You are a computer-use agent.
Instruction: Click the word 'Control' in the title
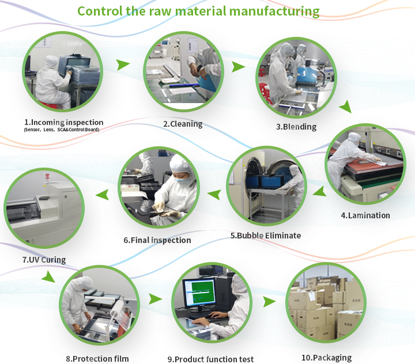point(100,11)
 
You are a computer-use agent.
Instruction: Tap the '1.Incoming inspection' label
point(64,122)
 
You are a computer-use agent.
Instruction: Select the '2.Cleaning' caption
point(183,124)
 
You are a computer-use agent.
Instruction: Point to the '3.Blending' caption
point(296,127)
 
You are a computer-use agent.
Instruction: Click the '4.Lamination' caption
point(365,215)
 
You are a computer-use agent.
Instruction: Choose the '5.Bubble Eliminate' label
point(266,236)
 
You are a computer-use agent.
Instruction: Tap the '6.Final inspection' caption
point(157,240)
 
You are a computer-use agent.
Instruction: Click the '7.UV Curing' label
point(44,260)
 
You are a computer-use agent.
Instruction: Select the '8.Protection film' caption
point(97,359)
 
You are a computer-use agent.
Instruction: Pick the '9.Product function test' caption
point(210,359)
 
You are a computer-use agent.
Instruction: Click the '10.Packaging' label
point(327,358)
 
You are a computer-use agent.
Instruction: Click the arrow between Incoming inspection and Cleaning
point(123,65)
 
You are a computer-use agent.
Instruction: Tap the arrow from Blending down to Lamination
point(345,107)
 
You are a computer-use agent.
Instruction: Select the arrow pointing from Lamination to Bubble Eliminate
point(320,191)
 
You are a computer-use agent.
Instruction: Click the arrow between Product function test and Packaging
point(269,302)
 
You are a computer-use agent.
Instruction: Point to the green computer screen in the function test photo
point(204,292)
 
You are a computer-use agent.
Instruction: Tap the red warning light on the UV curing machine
point(47,176)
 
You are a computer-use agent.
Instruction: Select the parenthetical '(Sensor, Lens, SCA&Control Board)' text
point(62,130)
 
